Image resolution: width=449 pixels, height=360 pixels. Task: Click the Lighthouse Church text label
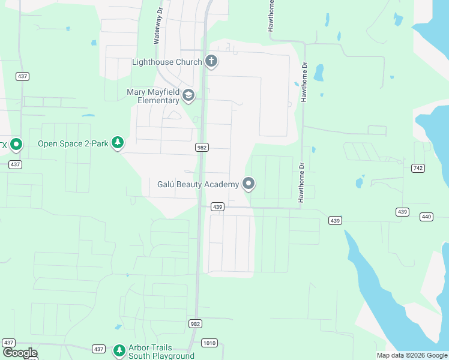tap(167, 62)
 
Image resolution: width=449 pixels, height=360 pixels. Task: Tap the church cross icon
tap(211, 61)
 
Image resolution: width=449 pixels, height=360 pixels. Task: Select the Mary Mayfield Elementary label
tap(153, 96)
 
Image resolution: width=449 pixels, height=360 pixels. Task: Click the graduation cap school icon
tap(188, 96)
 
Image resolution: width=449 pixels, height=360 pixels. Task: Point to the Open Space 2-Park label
tap(73, 143)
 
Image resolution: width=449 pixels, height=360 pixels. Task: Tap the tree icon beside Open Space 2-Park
tap(119, 143)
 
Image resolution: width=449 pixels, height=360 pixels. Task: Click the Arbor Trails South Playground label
tap(150, 352)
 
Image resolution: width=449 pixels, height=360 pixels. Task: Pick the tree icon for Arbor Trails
tap(119, 350)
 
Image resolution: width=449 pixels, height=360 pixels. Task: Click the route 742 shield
tap(418, 168)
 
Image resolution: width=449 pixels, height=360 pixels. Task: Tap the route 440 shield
tap(427, 217)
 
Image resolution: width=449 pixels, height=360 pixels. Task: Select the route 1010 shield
tap(209, 343)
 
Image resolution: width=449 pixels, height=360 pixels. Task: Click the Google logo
tap(19, 353)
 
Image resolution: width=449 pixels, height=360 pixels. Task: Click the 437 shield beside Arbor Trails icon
tap(99, 349)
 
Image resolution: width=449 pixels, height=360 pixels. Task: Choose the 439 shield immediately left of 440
tap(402, 212)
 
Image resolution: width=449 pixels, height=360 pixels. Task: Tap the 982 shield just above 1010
tap(195, 323)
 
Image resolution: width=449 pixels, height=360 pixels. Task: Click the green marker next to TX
tap(16, 145)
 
